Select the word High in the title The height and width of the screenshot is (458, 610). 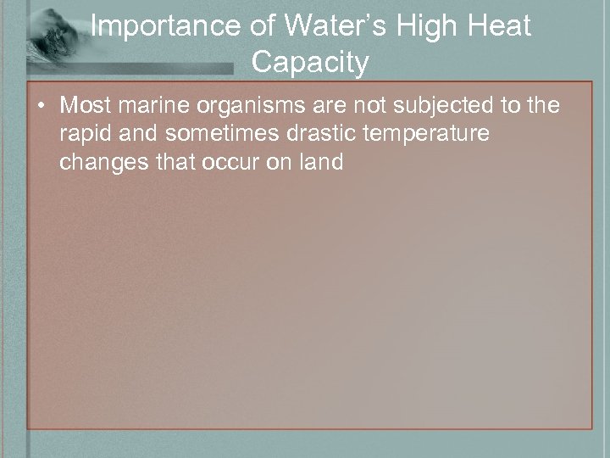click(417, 27)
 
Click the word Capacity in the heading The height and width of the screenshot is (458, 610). click(310, 63)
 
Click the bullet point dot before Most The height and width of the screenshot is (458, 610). click(42, 107)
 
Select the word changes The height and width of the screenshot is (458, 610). click(100, 163)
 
